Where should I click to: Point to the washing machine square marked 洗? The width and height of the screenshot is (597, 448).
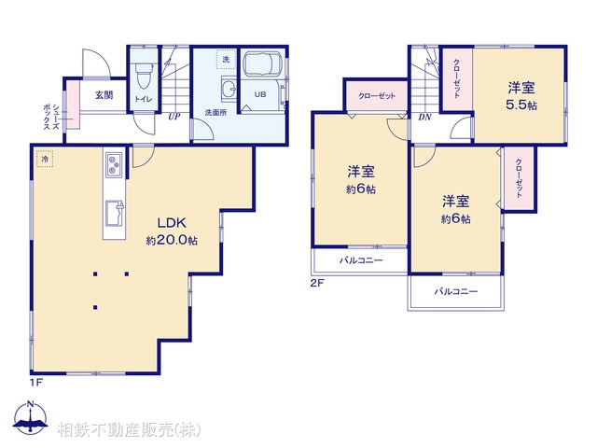point(224,60)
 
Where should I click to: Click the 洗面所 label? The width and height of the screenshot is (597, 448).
point(216,113)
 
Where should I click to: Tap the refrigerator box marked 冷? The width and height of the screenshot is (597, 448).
point(45,161)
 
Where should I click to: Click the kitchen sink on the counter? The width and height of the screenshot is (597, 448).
point(114,211)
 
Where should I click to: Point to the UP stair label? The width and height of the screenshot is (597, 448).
point(174,117)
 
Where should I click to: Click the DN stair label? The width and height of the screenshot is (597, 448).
point(423,117)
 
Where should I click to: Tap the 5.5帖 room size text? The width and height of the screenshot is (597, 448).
point(521,105)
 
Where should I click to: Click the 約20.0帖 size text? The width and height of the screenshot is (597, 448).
point(171,240)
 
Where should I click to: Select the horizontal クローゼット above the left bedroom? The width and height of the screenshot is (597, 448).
point(376,95)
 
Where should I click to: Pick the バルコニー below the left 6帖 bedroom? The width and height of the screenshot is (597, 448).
point(360,260)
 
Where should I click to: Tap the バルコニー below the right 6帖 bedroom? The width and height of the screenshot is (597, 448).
point(455,292)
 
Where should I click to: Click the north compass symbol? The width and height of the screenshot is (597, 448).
point(30,417)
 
